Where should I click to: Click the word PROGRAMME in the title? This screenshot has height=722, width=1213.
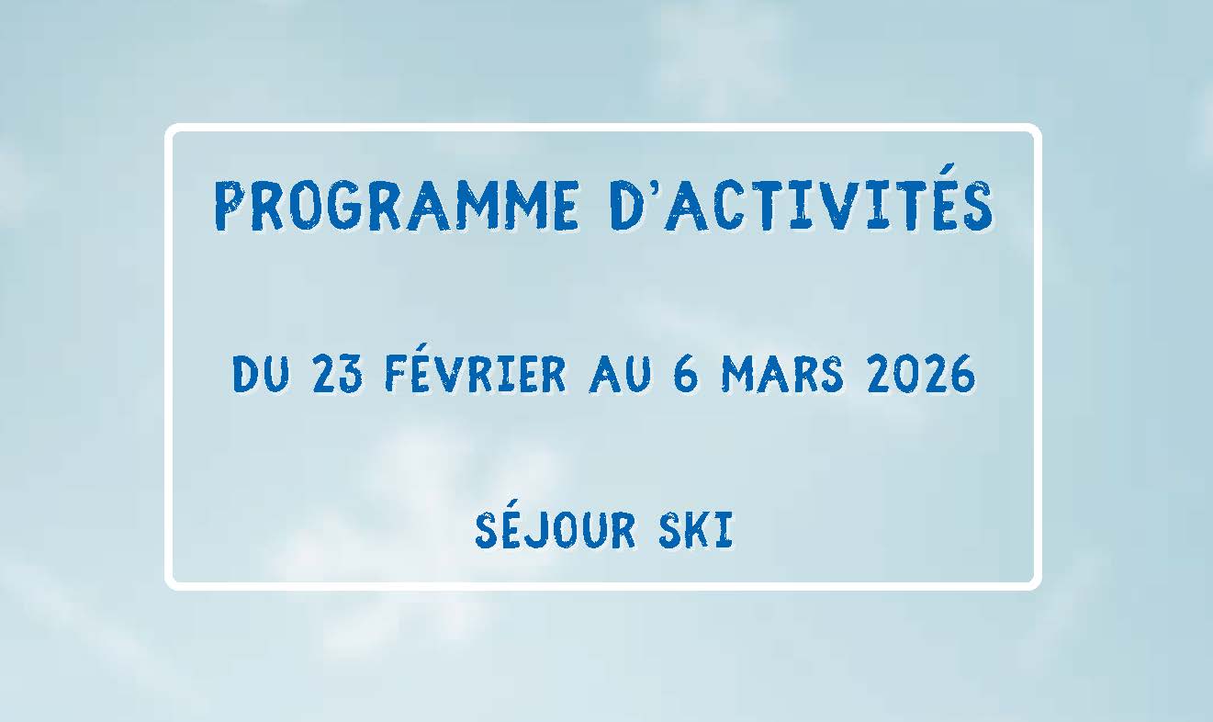[397, 206]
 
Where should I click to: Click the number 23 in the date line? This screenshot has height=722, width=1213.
[339, 375]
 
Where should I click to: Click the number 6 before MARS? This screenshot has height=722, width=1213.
[686, 375]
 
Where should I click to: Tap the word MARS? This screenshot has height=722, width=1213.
[781, 375]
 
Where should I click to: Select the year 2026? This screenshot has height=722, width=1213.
[920, 375]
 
